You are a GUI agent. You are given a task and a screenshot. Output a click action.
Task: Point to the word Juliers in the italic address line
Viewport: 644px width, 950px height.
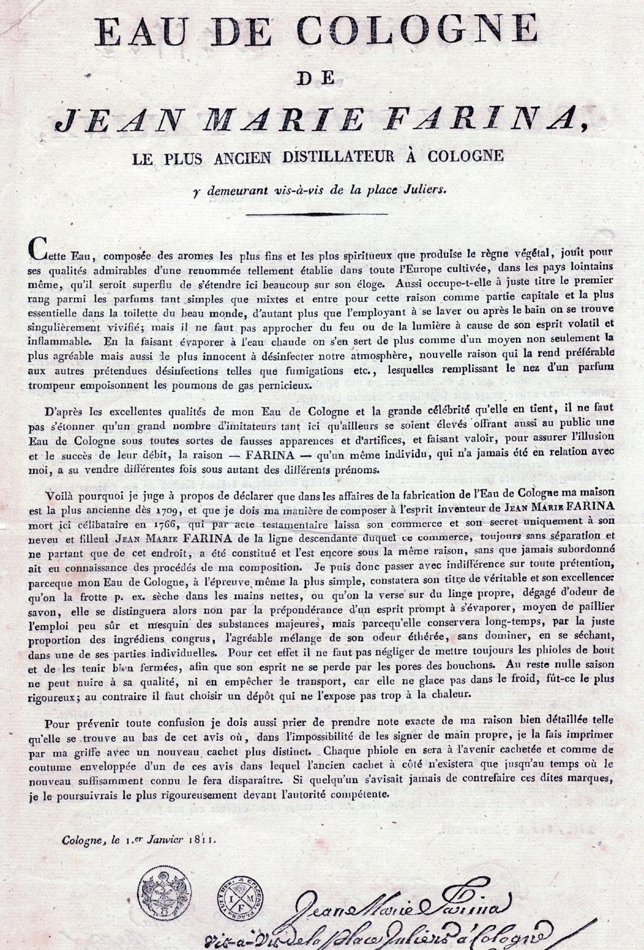422,190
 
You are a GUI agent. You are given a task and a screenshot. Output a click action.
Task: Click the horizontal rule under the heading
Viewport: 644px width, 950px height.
316,214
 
